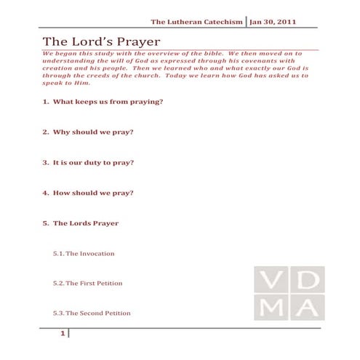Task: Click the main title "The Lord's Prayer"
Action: pos(101,41)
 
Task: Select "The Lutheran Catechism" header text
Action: pos(196,22)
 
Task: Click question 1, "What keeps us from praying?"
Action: pos(103,102)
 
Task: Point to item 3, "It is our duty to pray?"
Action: pos(88,162)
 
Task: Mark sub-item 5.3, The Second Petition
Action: pos(92,313)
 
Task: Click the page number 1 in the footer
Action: pos(64,334)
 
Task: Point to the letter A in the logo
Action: pos(308,308)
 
